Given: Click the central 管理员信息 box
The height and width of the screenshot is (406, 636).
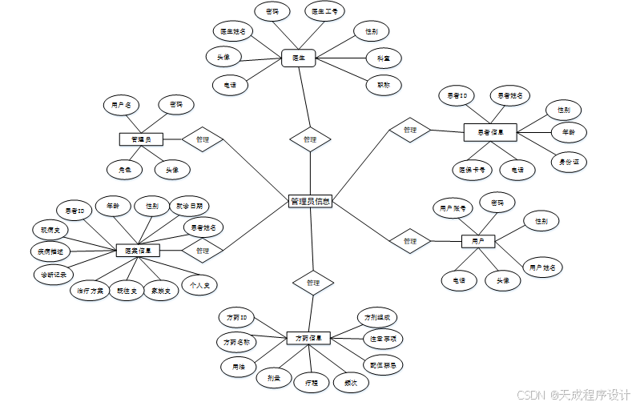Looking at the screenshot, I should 309,202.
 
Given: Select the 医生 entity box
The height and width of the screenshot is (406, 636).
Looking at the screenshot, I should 298,58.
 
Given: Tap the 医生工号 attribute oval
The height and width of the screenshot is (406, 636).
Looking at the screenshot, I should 325,11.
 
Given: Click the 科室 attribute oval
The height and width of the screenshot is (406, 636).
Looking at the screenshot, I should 383,58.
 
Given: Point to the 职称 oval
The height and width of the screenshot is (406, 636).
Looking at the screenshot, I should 383,84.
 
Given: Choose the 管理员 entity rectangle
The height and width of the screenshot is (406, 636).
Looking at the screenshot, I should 141,139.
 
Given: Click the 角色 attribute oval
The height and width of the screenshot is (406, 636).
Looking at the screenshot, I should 124,169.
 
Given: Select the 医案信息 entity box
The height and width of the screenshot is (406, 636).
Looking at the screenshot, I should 138,251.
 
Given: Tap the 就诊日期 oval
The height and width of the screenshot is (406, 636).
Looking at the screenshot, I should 189,206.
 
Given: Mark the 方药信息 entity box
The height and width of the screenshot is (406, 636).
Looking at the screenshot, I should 308,338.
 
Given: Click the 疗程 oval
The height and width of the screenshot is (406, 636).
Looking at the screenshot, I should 311,383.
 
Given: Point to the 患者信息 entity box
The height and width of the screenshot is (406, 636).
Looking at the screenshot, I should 490,131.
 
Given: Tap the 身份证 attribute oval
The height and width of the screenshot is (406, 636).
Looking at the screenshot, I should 570,162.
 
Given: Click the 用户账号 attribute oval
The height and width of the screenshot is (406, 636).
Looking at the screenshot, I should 453,208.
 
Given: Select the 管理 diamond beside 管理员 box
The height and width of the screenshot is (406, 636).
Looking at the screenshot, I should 202,139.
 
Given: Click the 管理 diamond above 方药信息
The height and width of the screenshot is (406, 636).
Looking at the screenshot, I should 312,283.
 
